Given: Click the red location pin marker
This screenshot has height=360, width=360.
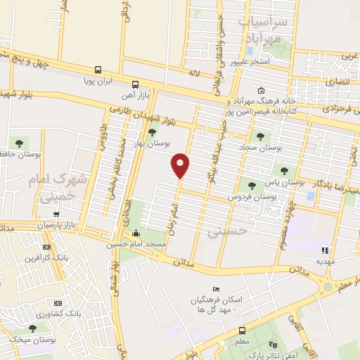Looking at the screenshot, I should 181,165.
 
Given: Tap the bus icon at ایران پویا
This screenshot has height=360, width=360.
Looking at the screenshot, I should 98,70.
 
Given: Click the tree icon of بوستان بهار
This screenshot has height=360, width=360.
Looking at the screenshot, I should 152,132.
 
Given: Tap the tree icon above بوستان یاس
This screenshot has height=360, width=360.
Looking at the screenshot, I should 284,170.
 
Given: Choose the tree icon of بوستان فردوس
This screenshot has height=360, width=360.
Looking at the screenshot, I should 251,186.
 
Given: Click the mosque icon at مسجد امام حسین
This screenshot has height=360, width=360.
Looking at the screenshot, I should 135,233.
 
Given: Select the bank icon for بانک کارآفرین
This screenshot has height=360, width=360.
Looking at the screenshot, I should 47,247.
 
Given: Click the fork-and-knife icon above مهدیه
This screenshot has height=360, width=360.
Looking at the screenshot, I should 324,249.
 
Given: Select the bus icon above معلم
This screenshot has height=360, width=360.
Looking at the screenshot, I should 242,330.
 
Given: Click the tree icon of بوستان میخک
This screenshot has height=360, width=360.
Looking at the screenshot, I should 32,328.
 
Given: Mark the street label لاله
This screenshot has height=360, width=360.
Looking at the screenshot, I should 194,72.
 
